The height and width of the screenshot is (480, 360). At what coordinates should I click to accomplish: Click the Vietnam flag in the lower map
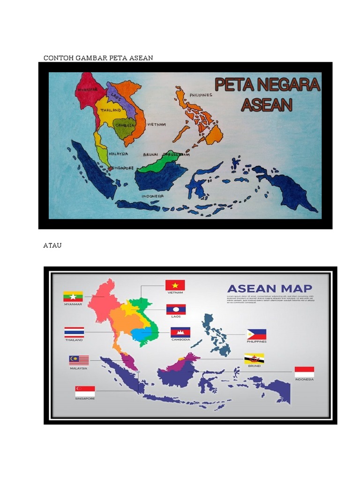[x=175, y=285]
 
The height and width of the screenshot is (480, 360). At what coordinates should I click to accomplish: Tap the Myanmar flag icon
[x=73, y=297]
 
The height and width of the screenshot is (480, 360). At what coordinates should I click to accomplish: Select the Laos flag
[x=176, y=309]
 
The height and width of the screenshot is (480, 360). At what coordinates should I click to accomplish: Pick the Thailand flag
[x=74, y=332]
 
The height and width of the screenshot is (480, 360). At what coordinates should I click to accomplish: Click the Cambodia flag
[x=180, y=332]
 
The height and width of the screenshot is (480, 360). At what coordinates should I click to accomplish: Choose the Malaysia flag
[x=79, y=360]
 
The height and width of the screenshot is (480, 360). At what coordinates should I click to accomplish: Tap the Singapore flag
[x=85, y=391]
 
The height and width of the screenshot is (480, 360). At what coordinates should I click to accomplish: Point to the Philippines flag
[x=256, y=334]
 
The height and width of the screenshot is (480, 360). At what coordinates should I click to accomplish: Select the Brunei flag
[x=254, y=359]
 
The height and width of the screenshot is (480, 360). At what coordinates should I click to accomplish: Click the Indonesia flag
[x=304, y=372]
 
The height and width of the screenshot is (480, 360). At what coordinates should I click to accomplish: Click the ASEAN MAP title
[x=270, y=288]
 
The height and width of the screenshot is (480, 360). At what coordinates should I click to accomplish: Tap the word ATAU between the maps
[x=52, y=245]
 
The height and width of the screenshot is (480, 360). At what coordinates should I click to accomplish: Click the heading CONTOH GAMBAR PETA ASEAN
[x=98, y=58]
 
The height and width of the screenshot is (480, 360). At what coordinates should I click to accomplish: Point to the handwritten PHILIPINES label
[x=201, y=95]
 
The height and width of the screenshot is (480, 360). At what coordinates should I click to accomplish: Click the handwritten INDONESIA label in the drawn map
[x=153, y=195]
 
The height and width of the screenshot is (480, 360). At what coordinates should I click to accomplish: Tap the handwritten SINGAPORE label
[x=122, y=168]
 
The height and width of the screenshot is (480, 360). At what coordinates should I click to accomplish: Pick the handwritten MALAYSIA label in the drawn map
[x=118, y=153]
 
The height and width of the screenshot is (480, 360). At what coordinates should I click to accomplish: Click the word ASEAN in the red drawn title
[x=267, y=104]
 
